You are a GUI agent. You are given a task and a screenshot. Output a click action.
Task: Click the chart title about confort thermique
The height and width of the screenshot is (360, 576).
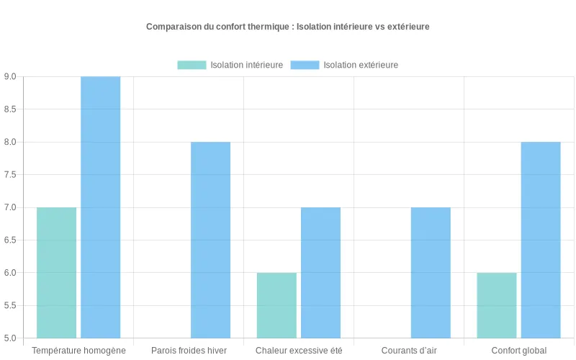click(x=288, y=27)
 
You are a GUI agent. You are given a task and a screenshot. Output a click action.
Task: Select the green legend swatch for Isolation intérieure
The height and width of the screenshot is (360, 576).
click(x=192, y=65)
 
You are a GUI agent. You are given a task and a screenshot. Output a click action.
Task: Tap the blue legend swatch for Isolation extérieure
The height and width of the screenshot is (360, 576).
click(x=305, y=65)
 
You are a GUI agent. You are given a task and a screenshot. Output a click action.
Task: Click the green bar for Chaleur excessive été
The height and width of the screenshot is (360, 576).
click(x=276, y=305)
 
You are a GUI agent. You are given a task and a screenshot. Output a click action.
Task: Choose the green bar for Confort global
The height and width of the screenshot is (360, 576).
click(x=497, y=305)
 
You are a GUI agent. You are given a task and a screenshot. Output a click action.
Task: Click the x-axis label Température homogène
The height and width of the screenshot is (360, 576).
click(x=78, y=351)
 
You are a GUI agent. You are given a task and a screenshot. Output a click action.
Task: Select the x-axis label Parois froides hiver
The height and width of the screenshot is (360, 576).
click(x=189, y=351)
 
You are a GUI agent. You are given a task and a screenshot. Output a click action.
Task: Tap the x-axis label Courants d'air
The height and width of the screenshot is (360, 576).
click(x=409, y=351)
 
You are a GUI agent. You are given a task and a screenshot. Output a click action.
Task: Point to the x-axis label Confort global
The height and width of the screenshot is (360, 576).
click(x=519, y=351)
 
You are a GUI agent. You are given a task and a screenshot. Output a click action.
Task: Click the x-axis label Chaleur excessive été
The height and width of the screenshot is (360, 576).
click(x=299, y=351)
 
